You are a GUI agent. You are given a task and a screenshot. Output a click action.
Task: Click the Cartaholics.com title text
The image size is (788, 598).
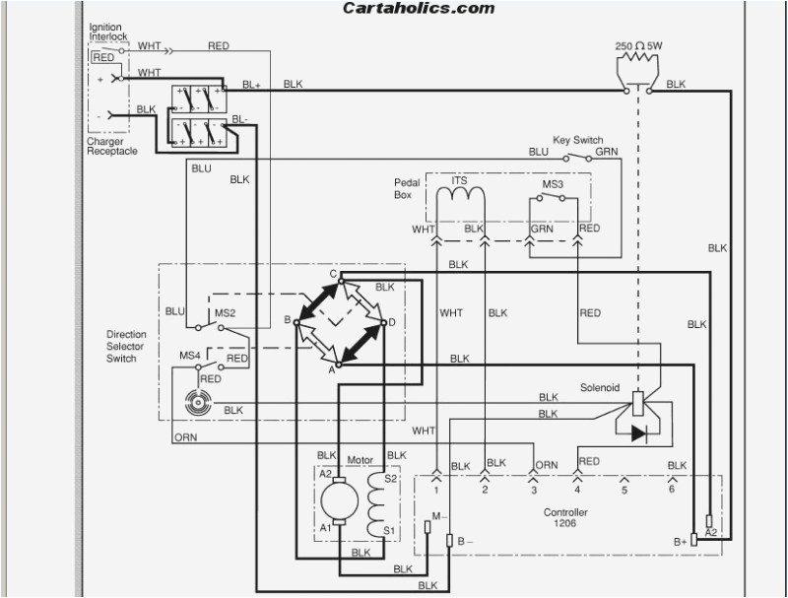click(x=418, y=8)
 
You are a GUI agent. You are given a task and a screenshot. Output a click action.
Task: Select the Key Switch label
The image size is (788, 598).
click(x=577, y=140)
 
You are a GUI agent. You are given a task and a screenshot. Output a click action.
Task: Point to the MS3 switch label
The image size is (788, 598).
click(x=553, y=183)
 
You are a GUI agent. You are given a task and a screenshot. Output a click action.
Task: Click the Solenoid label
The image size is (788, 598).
click(x=599, y=388)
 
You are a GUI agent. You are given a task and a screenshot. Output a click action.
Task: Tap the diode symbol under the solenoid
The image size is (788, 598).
click(x=639, y=432)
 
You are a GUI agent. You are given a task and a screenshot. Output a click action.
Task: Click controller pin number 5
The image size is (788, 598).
click(x=624, y=488)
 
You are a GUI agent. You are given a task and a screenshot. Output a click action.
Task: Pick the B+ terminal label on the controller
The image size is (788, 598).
click(x=680, y=541)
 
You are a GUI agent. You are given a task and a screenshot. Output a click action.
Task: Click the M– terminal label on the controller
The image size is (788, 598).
click(x=437, y=515)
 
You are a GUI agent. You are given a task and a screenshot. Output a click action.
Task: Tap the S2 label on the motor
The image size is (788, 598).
click(x=390, y=478)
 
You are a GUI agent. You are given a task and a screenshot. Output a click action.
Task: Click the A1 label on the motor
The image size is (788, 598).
click(x=326, y=528)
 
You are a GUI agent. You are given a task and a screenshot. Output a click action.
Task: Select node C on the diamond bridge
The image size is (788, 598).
click(x=334, y=274)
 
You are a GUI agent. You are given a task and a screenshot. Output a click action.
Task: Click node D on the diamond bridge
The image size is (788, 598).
click(x=392, y=322)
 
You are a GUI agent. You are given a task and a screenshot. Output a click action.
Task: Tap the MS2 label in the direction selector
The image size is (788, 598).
click(x=226, y=313)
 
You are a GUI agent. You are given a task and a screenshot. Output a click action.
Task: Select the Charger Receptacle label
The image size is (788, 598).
click(x=111, y=146)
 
